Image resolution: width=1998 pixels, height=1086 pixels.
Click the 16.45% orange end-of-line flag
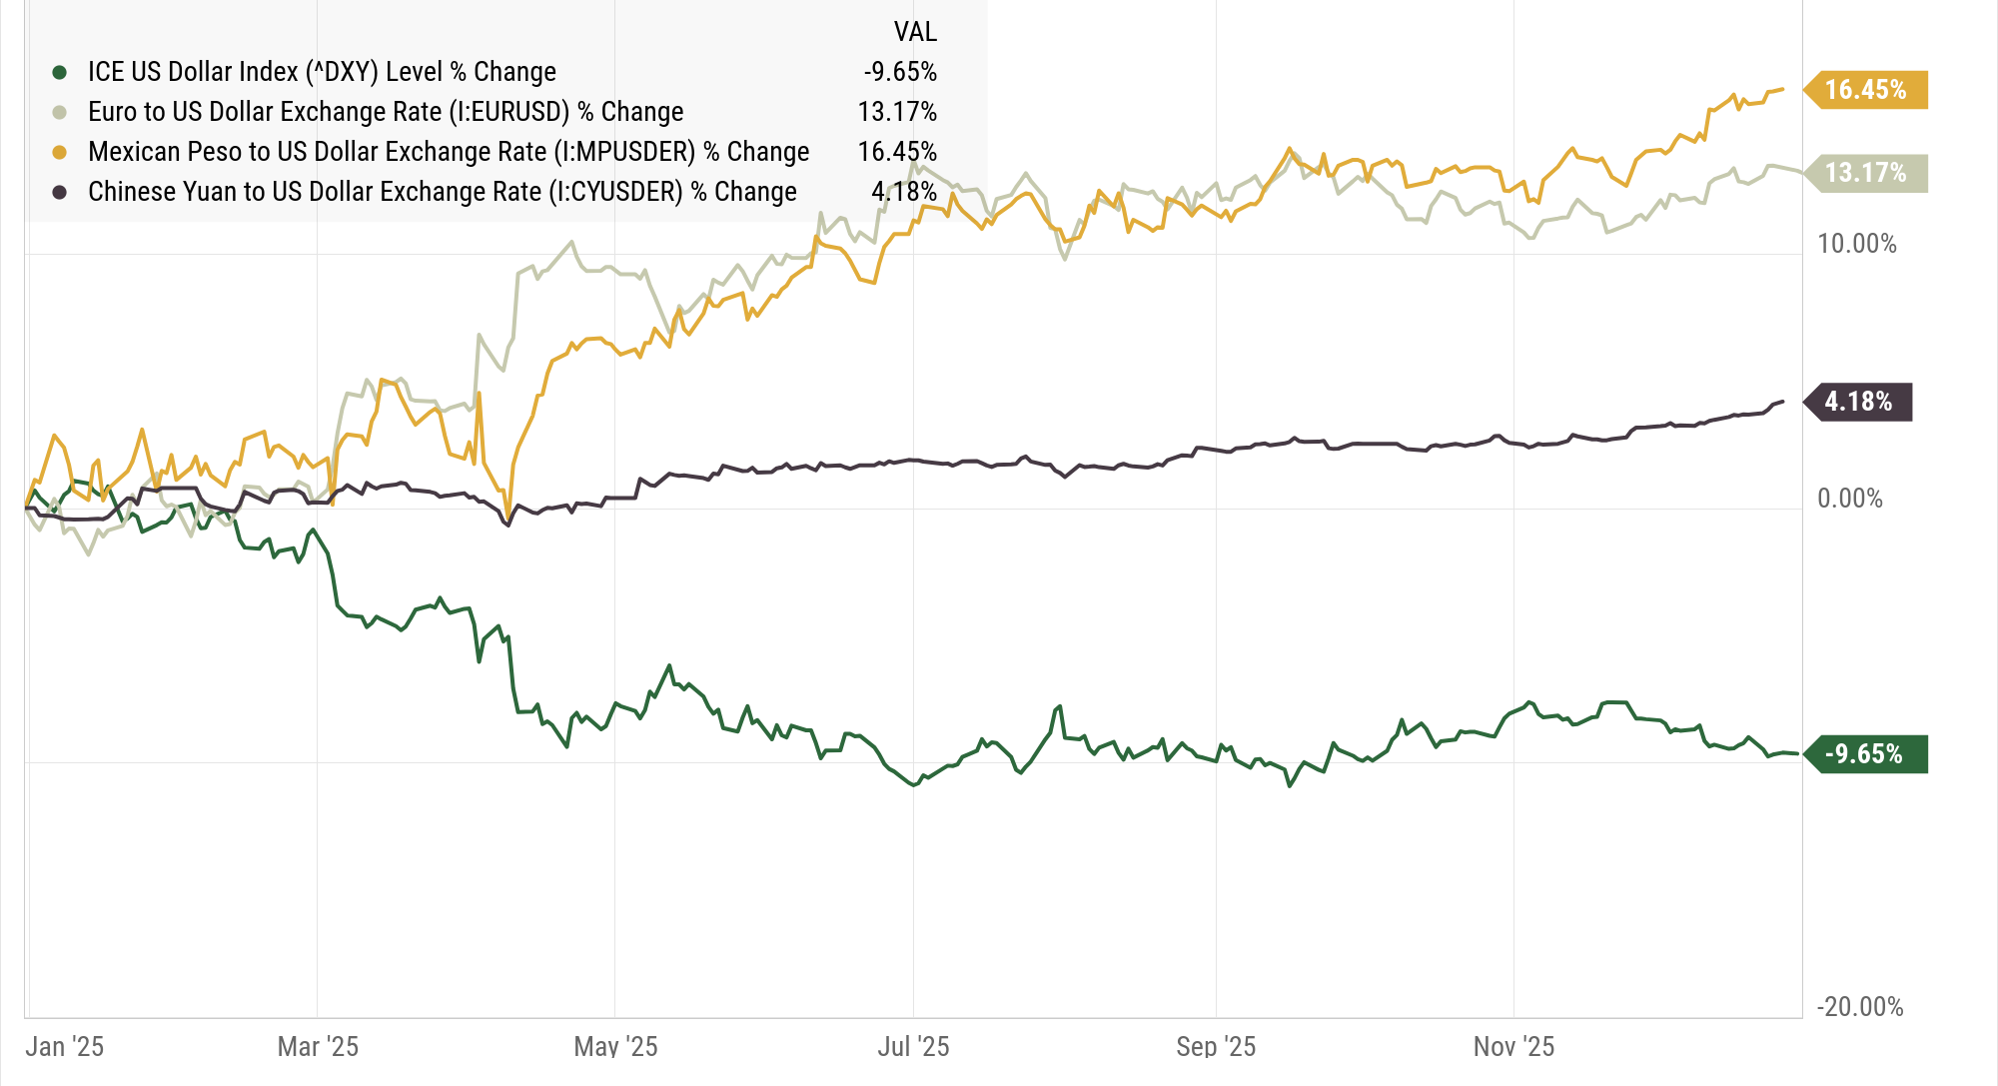tap(1865, 90)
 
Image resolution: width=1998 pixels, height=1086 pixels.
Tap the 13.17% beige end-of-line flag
tap(1865, 173)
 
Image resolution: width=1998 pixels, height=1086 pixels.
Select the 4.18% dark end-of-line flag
tap(1858, 402)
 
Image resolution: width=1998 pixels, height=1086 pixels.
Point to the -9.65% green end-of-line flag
tap(1864, 753)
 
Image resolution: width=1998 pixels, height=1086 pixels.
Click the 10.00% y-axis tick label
tap(1856, 244)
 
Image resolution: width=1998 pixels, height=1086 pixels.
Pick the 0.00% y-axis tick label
tap(1849, 499)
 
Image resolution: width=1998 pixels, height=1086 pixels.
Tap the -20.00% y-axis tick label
tap(1859, 1006)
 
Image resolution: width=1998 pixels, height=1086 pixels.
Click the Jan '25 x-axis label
tap(65, 1046)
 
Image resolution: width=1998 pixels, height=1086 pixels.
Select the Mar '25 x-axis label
tap(318, 1046)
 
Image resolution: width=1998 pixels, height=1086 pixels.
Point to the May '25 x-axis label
tap(615, 1046)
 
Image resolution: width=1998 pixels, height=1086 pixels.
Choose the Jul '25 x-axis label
tap(913, 1046)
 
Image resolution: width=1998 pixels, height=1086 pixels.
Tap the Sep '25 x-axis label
tap(1216, 1046)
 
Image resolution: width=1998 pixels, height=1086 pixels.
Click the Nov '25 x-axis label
tap(1513, 1046)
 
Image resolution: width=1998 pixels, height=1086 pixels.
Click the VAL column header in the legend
tap(915, 32)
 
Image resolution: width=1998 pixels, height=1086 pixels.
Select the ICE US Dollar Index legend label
tap(322, 72)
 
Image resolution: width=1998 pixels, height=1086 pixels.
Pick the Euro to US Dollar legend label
tap(386, 112)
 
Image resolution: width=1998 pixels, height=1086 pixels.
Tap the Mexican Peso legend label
tap(449, 152)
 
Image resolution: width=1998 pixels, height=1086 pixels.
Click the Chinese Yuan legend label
tap(443, 192)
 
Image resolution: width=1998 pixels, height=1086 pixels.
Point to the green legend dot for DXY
tap(60, 72)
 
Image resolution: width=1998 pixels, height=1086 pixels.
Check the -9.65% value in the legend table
tap(900, 72)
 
